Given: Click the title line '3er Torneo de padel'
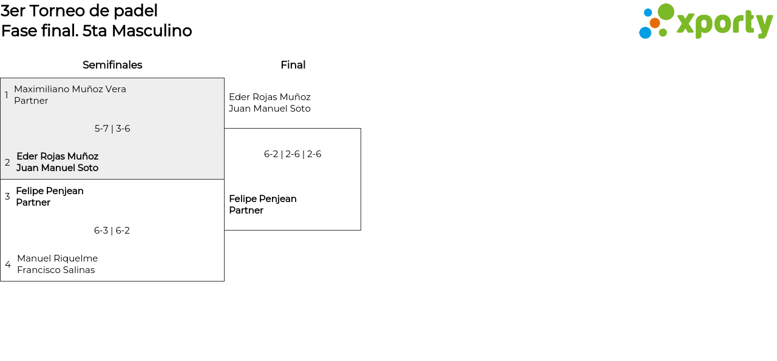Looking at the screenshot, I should point(79,11).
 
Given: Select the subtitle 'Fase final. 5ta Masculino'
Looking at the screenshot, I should point(97,31).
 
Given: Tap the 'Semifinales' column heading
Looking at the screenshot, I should point(112,65).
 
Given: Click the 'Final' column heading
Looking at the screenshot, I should point(293,65).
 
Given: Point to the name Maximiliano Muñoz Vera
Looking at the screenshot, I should point(70,89).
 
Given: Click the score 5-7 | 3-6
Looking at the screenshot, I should point(112,129).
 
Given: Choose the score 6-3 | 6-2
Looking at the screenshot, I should point(112,231).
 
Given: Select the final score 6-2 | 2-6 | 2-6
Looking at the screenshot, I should point(293,154).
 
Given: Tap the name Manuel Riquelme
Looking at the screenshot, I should point(57,258).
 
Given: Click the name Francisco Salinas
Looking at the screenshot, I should point(56,270).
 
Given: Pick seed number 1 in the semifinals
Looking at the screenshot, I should point(7,95).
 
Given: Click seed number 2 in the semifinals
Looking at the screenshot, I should point(7,163).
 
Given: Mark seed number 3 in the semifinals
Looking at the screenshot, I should point(7,197).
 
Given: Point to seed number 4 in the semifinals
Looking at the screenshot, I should point(8,265).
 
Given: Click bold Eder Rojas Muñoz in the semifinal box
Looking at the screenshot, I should point(57,157).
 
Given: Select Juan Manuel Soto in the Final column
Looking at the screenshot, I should point(270,109).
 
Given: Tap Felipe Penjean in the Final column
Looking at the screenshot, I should point(263,199).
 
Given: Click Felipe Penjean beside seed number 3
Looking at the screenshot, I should point(50,191).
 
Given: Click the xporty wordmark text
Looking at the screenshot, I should point(724,24).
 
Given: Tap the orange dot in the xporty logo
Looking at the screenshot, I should point(654,23).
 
